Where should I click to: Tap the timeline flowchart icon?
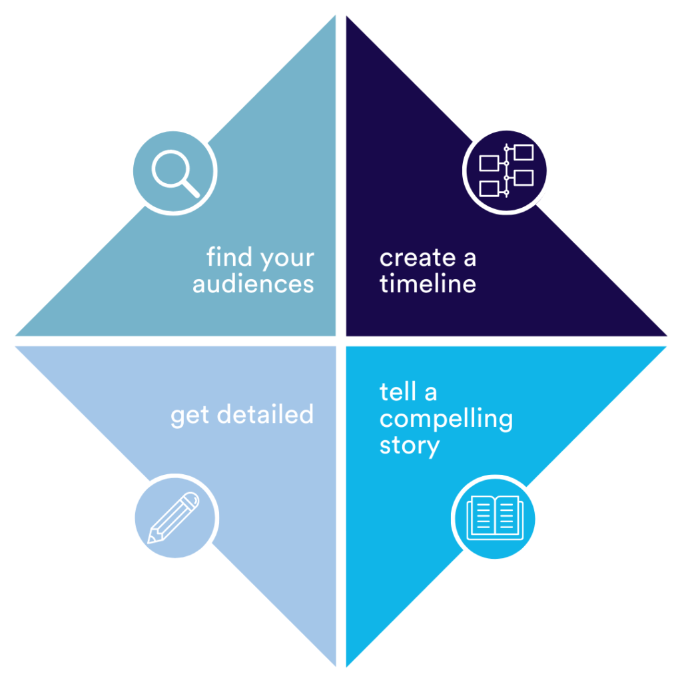(506, 170)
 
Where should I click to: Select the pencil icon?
(173, 517)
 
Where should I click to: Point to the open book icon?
(495, 517)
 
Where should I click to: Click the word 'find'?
(229, 256)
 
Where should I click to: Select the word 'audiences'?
(253, 284)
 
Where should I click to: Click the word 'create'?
(418, 258)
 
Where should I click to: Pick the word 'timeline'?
(428, 283)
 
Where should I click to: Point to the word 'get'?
(190, 416)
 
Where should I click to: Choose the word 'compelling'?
(446, 420)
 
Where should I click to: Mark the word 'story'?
(410, 447)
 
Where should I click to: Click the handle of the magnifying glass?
(191, 188)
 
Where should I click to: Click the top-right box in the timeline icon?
(523, 153)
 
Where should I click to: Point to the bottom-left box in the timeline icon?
(489, 188)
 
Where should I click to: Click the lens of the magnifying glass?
(170, 169)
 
